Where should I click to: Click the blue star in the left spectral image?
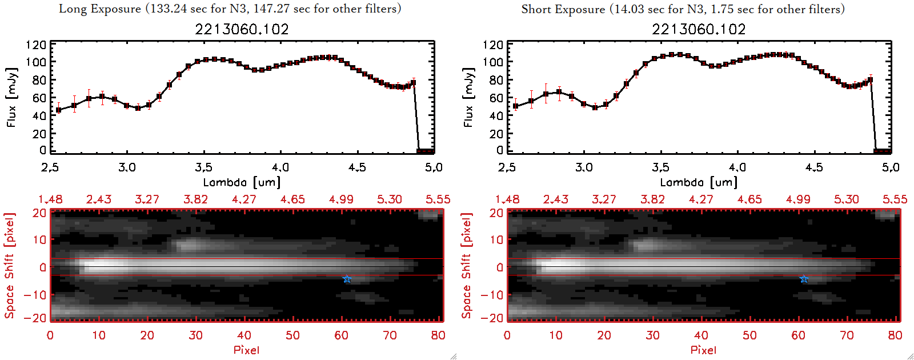pyautogui.click(x=347, y=279)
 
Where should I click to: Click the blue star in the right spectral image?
pyautogui.click(x=804, y=279)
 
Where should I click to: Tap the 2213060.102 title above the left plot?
pyautogui.click(x=242, y=29)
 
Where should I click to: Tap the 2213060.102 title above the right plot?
pyautogui.click(x=699, y=29)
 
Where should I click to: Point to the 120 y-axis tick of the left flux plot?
pyautogui.click(x=36, y=45)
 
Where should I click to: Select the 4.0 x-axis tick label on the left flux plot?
pyautogui.click(x=280, y=167)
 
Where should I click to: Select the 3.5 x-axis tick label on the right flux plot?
pyautogui.click(x=660, y=167)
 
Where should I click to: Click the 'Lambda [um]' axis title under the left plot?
pyautogui.click(x=242, y=182)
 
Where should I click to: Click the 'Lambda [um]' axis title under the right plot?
pyautogui.click(x=699, y=182)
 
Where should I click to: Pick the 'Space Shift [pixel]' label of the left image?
pyautogui.click(x=10, y=266)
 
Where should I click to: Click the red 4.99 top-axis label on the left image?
pyautogui.click(x=341, y=199)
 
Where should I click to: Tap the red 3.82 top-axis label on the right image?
pyautogui.click(x=652, y=199)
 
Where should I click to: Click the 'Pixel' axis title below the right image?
pyautogui.click(x=703, y=350)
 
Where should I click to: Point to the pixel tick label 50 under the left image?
pyautogui.click(x=292, y=335)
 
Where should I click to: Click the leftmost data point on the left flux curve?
pyautogui.click(x=59, y=110)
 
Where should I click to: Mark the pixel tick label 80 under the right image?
pyautogui.click(x=895, y=335)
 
